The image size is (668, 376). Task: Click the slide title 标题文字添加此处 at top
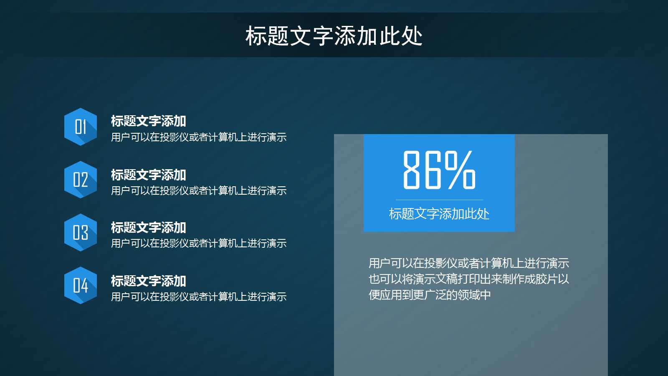tap(334, 36)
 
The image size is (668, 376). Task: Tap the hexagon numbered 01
tap(81, 127)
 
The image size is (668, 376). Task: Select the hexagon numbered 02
tap(81, 180)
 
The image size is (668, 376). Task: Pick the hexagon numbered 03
tap(81, 232)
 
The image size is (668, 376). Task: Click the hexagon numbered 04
tap(81, 285)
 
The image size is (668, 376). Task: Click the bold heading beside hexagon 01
tap(148, 121)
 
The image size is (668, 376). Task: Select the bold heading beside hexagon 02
tap(148, 175)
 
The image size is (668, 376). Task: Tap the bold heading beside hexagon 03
tap(148, 228)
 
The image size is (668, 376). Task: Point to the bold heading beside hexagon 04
tap(148, 281)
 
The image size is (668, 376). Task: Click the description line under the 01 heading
tap(199, 137)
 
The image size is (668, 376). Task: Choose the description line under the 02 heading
tap(199, 191)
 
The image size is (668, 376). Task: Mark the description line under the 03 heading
tap(199, 243)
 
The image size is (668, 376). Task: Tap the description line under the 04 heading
tap(199, 297)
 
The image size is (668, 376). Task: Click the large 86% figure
tap(439, 170)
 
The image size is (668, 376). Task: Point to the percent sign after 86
tap(460, 170)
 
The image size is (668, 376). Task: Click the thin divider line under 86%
tap(439, 200)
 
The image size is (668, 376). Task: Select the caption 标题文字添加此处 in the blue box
tap(439, 214)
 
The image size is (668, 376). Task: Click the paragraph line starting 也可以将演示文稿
tap(468, 279)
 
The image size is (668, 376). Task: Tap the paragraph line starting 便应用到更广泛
tap(430, 295)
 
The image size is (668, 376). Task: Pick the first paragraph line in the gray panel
tap(468, 263)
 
